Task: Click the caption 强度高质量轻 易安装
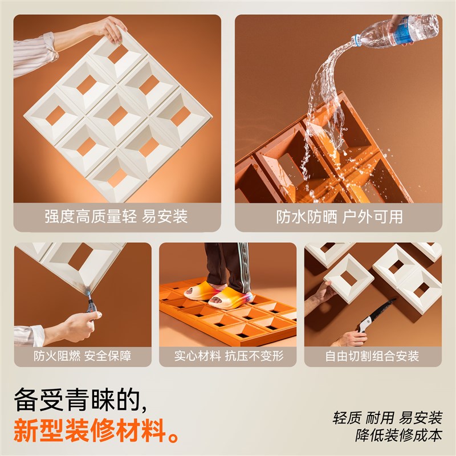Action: click(x=116, y=217)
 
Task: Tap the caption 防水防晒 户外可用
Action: click(x=339, y=217)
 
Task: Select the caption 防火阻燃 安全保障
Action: click(x=82, y=356)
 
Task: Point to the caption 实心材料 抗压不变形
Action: click(x=228, y=356)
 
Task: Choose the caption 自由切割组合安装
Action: click(x=373, y=356)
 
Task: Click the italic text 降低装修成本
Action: click(x=398, y=435)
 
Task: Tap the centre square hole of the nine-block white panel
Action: click(x=117, y=116)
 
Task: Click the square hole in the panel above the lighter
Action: click(x=80, y=256)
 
